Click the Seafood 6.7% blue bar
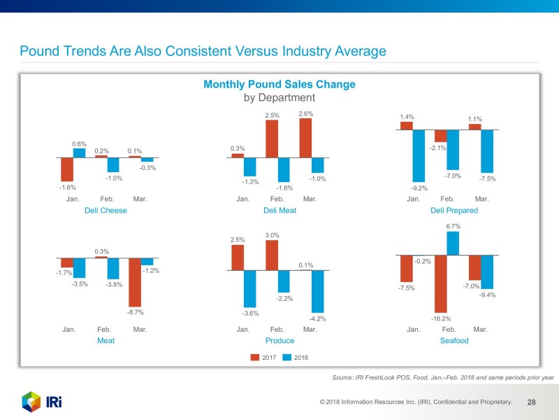tap(452, 244)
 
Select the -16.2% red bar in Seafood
tap(440, 283)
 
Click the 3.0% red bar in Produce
tap(272, 255)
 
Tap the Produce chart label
tap(279, 340)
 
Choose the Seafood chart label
tap(453, 340)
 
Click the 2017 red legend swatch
tap(255, 358)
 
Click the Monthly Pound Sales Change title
tap(279, 84)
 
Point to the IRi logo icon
tap(32, 402)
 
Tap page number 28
tap(531, 402)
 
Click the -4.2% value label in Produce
tap(317, 319)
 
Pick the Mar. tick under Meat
tap(140, 329)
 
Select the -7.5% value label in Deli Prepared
tap(487, 178)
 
